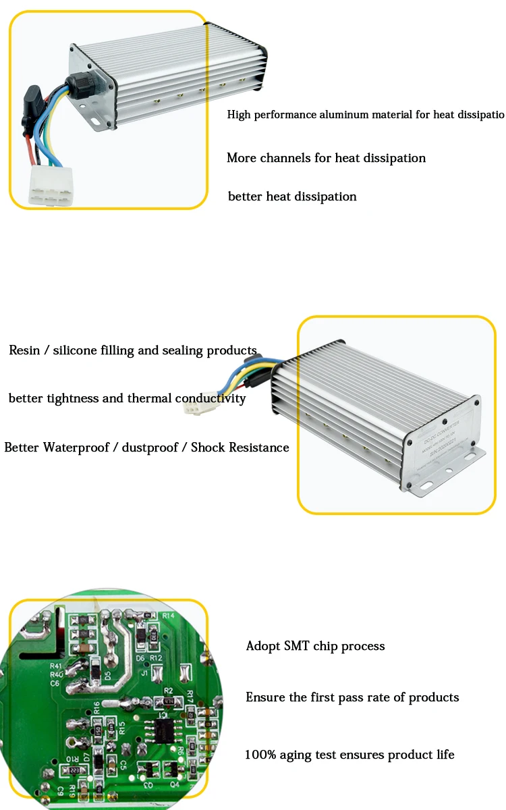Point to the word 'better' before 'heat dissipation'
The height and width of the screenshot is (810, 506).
246,196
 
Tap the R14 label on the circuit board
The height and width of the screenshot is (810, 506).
169,616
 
